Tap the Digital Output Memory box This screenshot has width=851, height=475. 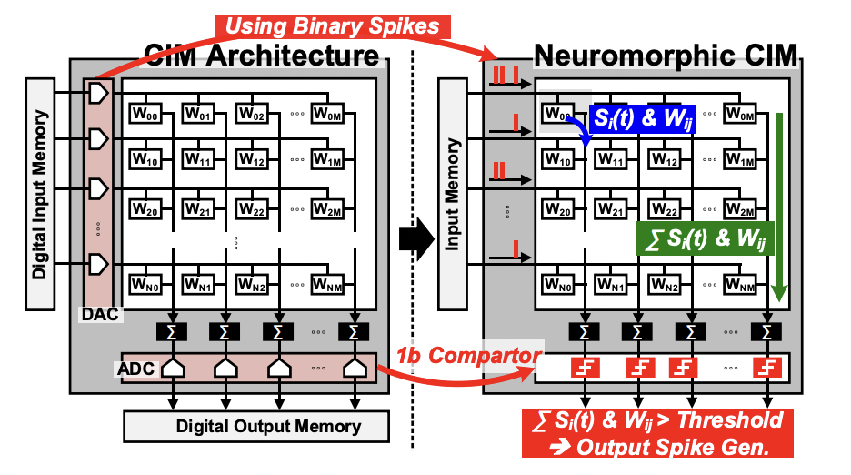(255, 426)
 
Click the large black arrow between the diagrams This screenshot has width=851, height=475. (415, 240)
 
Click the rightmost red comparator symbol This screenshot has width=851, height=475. (769, 369)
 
